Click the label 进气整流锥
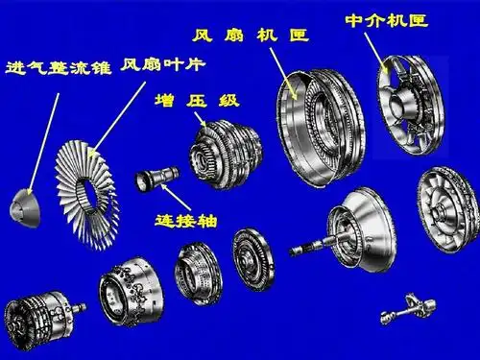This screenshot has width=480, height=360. [59, 70]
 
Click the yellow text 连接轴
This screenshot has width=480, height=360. [186, 220]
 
